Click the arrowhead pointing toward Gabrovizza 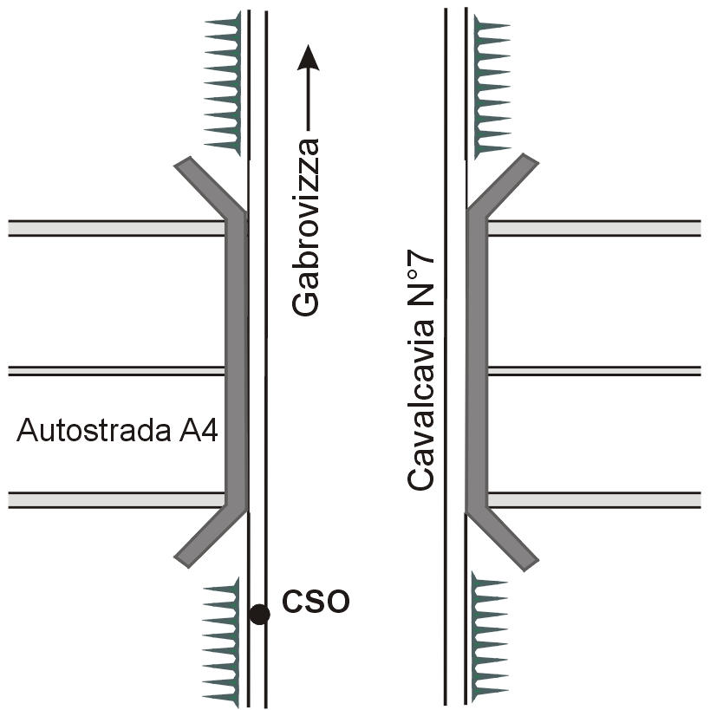point(308,59)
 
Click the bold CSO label point(316,601)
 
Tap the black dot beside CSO point(258,614)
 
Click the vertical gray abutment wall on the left point(236,364)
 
